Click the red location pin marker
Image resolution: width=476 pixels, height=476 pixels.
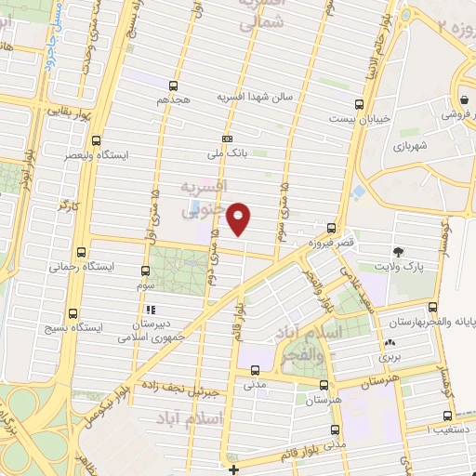pos(239,218)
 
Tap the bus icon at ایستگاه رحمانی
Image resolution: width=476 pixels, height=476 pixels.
pos(82,252)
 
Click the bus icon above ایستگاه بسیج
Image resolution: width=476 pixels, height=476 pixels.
pos(75,313)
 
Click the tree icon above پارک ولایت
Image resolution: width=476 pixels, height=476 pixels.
pos(399,253)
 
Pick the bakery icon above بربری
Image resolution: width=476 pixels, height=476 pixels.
pos(389,343)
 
